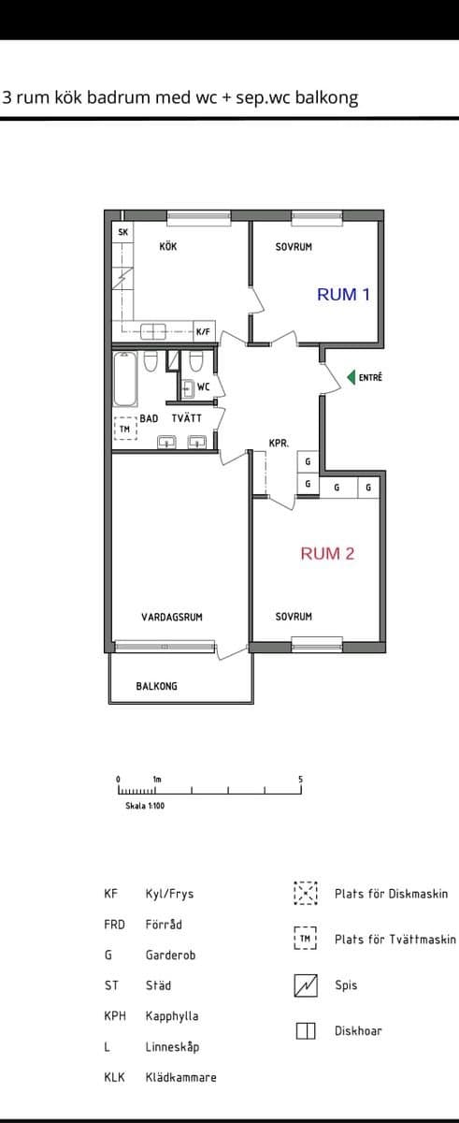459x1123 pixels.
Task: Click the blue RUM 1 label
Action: [343, 294]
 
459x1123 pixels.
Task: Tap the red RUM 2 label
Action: [327, 553]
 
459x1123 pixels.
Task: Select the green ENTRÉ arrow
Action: [352, 378]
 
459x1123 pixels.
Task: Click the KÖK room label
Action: [168, 247]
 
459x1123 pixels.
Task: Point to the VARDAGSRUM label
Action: [172, 617]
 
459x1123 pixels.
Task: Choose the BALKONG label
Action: [156, 686]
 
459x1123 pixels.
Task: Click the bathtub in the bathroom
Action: [124, 375]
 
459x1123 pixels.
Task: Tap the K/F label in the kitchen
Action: [203, 331]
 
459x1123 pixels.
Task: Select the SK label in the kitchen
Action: [122, 232]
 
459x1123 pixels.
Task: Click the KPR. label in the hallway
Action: [279, 444]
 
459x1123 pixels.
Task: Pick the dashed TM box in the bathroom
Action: [124, 428]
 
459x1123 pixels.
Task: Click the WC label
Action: [203, 386]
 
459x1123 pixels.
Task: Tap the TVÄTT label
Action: [187, 418]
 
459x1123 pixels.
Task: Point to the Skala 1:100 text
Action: [145, 805]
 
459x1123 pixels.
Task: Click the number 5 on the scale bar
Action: [301, 779]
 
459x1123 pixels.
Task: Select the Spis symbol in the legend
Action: [306, 985]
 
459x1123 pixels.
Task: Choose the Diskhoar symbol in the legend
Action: [306, 1031]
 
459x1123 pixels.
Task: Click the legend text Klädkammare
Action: [180, 1077]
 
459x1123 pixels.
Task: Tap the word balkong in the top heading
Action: [326, 97]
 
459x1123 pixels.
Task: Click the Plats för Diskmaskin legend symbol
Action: [306, 894]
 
